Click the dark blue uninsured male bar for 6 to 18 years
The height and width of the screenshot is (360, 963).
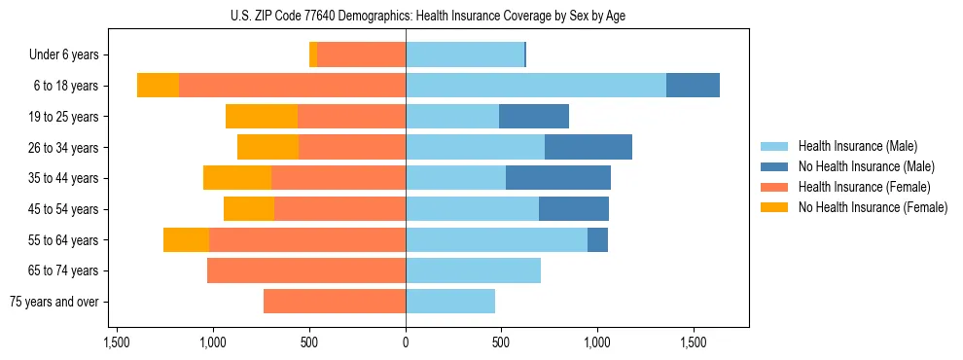[x=693, y=86]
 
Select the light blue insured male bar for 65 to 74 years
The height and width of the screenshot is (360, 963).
[x=473, y=270]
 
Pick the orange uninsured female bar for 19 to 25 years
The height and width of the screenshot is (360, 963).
[x=262, y=117]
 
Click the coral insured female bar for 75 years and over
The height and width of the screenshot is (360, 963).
[x=335, y=302]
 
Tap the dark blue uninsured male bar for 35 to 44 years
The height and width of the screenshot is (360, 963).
[x=558, y=178]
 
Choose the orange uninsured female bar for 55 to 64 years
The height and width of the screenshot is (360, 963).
[x=186, y=240]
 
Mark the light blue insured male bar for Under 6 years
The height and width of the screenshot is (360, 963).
[x=465, y=55]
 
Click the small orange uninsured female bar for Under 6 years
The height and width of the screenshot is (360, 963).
[x=313, y=55]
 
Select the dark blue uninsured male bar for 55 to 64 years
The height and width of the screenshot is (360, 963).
[x=597, y=240]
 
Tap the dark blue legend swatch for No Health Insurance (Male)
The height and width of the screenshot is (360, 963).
[x=775, y=166]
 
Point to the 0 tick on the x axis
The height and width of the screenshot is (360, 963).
[x=406, y=343]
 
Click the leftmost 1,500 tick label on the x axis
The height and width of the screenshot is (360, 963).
[x=117, y=343]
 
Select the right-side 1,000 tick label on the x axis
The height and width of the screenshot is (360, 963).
[x=597, y=343]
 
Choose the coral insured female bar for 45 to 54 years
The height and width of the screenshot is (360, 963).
[x=339, y=209]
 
